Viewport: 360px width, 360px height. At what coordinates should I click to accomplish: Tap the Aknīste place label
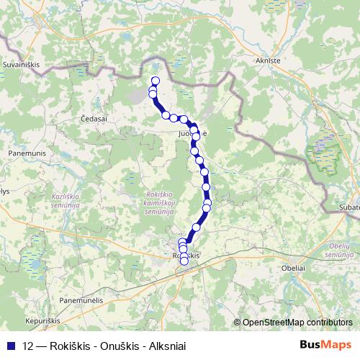(x=266, y=62)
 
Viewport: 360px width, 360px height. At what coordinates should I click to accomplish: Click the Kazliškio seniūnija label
(x=69, y=199)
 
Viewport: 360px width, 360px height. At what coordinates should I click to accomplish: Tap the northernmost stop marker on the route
(x=155, y=81)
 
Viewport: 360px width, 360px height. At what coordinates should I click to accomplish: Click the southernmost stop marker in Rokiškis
(x=184, y=261)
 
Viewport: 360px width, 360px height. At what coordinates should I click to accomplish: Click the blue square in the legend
(x=12, y=346)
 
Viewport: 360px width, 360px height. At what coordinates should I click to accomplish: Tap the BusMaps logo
(x=326, y=346)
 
